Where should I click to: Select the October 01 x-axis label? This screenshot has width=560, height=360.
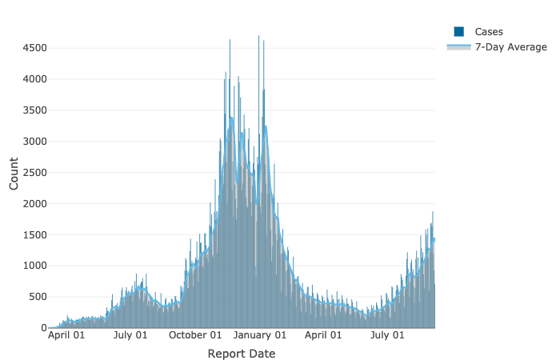(195, 336)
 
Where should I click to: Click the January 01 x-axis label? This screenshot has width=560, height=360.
(260, 336)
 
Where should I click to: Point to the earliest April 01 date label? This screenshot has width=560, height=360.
(67, 336)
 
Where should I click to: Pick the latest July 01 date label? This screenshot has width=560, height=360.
(388, 336)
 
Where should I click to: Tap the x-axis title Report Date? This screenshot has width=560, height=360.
(241, 354)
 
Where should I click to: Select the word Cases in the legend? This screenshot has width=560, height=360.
(489, 31)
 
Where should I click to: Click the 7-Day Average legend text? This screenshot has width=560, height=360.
(511, 47)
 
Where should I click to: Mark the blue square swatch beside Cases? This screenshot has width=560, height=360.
(459, 31)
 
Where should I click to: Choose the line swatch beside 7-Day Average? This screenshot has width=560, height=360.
(459, 47)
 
